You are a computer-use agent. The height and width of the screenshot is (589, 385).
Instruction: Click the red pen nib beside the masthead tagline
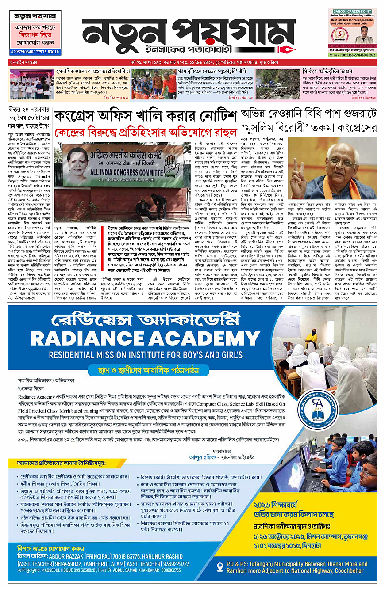coord(289,47)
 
